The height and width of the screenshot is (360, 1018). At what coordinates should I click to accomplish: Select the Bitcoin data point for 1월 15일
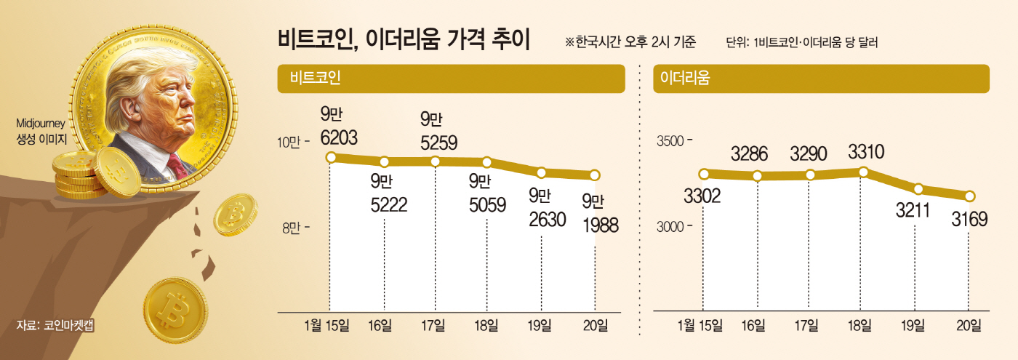331,158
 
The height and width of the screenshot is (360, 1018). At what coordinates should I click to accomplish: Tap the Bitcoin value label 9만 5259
438,131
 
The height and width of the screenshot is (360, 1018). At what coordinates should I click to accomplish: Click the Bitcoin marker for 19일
542,172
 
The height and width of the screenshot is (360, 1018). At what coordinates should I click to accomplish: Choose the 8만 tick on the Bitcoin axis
294,228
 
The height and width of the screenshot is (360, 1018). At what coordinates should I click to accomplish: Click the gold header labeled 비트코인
451,79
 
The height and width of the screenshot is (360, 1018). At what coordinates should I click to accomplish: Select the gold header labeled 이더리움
821,79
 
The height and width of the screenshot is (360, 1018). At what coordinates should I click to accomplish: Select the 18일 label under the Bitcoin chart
486,325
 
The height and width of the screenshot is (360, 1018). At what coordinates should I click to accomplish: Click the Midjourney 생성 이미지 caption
41,131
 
